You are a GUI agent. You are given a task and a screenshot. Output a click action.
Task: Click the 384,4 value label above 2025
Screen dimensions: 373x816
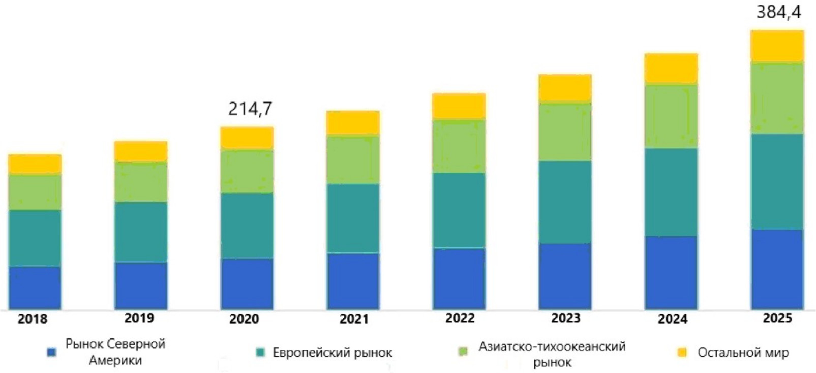[x=778, y=12]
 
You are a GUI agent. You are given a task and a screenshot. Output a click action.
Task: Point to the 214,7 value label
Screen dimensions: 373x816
[x=250, y=109]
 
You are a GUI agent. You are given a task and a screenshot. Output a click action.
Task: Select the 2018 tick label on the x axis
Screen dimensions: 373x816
[x=32, y=319]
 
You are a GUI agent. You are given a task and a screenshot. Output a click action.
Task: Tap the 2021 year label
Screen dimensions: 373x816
[x=354, y=319]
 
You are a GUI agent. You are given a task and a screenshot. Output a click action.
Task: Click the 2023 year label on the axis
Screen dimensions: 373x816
[x=565, y=318]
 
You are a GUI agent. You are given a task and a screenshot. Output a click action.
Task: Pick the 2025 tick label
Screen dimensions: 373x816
[x=777, y=318]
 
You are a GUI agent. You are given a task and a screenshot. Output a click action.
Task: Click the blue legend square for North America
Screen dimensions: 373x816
[x=51, y=352]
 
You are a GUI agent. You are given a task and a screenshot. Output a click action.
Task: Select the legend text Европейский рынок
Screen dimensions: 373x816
[x=332, y=352]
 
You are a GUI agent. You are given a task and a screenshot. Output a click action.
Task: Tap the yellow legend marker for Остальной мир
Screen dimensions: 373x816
[x=682, y=352]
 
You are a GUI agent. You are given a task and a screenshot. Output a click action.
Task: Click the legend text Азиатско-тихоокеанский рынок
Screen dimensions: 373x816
[x=552, y=354]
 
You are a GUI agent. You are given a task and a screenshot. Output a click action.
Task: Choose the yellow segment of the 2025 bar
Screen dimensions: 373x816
[x=777, y=46]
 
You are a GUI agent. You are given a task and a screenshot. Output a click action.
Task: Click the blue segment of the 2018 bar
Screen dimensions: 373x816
[x=35, y=287]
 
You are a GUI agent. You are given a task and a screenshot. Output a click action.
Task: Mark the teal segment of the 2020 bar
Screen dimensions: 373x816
[x=247, y=225]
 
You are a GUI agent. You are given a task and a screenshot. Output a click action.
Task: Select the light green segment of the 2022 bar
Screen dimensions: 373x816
[x=459, y=146]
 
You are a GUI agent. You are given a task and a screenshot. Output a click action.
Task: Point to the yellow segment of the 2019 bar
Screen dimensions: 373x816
[x=141, y=151]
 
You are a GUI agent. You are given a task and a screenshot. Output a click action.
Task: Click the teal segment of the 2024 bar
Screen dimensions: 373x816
[x=671, y=192]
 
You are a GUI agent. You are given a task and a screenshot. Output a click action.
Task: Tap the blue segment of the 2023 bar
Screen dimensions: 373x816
[x=565, y=276]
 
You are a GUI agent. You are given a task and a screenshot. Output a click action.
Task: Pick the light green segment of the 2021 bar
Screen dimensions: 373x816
[x=353, y=159]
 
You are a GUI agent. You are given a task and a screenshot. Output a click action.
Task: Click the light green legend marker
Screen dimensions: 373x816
[x=463, y=352]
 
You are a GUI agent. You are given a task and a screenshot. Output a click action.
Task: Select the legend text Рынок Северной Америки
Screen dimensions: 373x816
[x=115, y=352]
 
